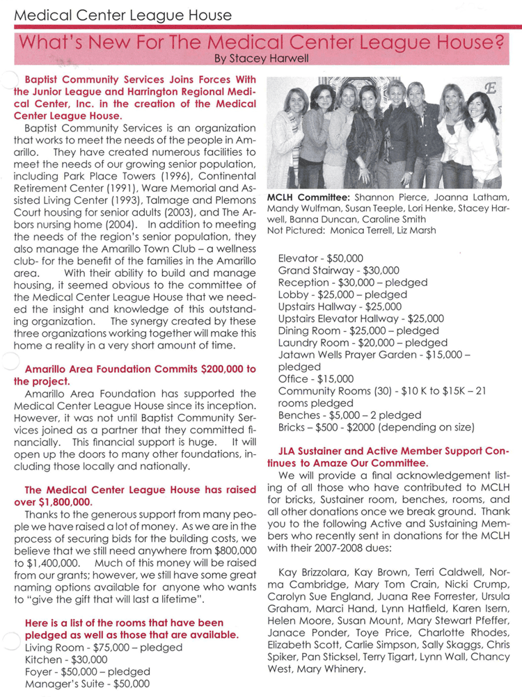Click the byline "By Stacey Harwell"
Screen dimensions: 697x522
pyautogui.click(x=260, y=59)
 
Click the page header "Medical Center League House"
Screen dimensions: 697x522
pyautogui.click(x=123, y=14)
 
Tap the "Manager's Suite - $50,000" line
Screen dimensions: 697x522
pyautogui.click(x=87, y=684)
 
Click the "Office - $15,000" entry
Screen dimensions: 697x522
pyautogui.click(x=315, y=379)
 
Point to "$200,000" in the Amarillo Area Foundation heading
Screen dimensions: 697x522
pyautogui.click(x=207, y=368)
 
